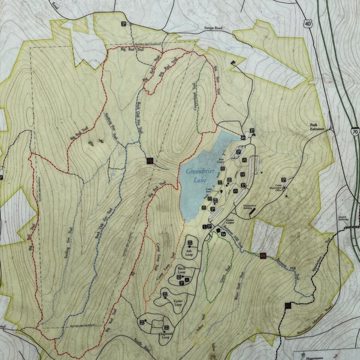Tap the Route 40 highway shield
[308, 40]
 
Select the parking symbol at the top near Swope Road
[124, 25]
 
